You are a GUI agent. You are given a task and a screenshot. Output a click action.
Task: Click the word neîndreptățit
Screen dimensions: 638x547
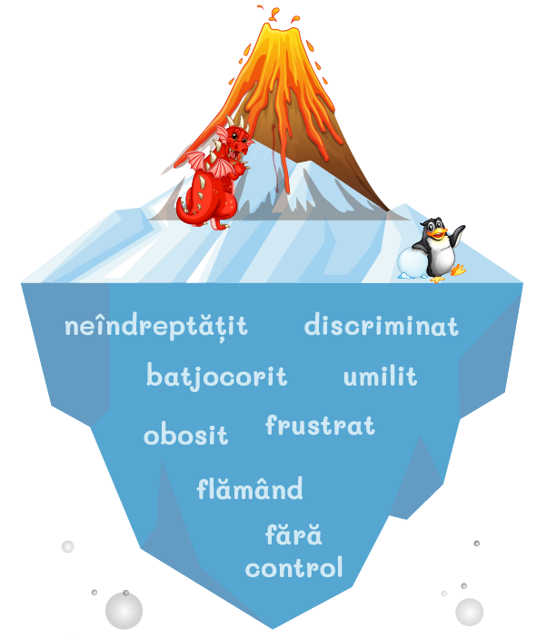(156, 327)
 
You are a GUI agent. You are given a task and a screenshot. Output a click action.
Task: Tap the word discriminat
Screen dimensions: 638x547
(381, 325)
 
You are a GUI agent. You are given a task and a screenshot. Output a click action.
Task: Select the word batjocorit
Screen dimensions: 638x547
(216, 376)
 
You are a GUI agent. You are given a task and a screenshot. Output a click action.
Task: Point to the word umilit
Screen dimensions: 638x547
(380, 377)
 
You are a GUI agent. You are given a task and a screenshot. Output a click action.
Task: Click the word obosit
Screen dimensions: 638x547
(185, 436)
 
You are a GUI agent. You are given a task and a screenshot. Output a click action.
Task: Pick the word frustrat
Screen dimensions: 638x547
(320, 426)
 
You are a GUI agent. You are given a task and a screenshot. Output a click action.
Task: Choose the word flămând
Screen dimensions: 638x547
(250, 490)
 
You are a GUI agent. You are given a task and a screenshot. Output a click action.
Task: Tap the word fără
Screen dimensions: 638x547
(293, 535)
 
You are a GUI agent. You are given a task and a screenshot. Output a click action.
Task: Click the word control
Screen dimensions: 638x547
(293, 569)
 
